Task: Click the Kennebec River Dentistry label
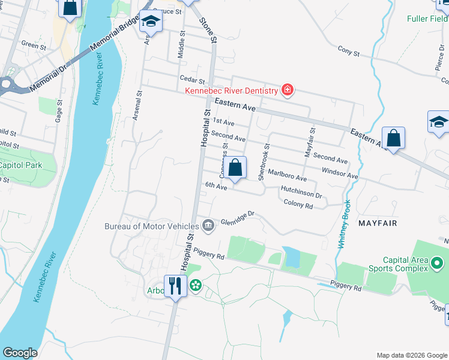tap(231, 91)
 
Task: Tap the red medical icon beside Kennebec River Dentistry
tap(288, 91)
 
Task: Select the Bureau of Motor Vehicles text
tap(151, 226)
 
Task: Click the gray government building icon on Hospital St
tap(208, 226)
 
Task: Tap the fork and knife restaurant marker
tap(175, 285)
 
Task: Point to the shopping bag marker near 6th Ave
tap(236, 167)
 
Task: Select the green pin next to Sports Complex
tap(438, 263)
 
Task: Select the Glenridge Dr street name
tap(238, 217)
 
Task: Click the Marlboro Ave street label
tap(287, 175)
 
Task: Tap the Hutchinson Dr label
tap(301, 193)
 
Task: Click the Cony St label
tap(348, 52)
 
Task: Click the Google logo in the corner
tap(20, 353)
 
